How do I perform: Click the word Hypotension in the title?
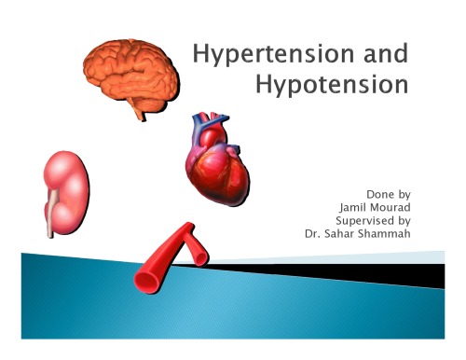(330, 87)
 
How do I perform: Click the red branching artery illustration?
(168, 259)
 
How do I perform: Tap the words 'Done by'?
(391, 194)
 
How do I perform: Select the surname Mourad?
(395, 207)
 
